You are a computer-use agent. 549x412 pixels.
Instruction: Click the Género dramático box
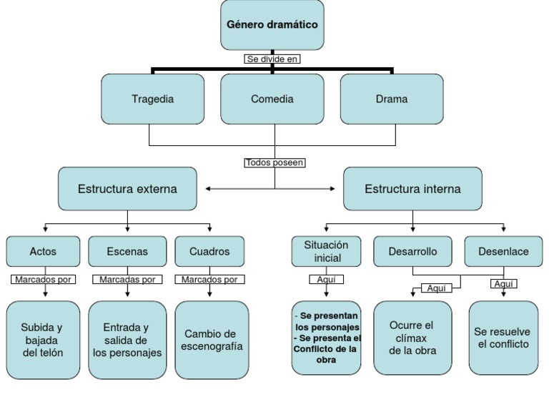[x=272, y=25]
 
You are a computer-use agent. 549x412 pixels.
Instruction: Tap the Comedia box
[x=272, y=99]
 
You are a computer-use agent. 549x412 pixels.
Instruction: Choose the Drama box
[x=392, y=99]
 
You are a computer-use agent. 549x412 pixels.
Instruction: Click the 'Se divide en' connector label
[x=272, y=59]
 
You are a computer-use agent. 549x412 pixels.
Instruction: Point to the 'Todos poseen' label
[x=275, y=162]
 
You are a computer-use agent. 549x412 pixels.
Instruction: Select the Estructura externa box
[x=127, y=189]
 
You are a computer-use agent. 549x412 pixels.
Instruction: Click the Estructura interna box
[x=412, y=189]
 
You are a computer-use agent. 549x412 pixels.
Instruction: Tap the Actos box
[x=44, y=251]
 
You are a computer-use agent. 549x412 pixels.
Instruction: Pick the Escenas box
[x=128, y=251]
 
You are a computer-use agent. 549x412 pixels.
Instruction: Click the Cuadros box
[x=210, y=251]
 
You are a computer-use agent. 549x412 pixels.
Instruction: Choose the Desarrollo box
[x=412, y=251]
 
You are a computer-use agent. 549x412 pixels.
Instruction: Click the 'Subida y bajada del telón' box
[x=44, y=340]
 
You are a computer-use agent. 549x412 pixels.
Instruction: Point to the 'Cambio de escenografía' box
[x=212, y=340]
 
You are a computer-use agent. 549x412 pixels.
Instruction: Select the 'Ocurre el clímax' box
[x=412, y=338]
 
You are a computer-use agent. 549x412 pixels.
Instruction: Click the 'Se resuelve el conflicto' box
[x=503, y=338]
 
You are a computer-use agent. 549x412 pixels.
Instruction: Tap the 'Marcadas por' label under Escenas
[x=127, y=280]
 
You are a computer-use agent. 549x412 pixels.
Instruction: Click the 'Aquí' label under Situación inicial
[x=326, y=280]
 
